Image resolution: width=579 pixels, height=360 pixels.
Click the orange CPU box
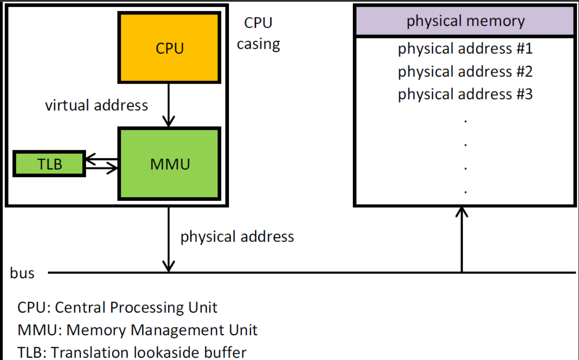tap(169, 47)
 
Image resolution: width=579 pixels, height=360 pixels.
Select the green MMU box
tap(169, 164)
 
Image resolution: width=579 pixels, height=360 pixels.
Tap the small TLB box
tap(49, 164)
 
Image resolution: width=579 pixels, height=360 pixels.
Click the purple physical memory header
tap(465, 21)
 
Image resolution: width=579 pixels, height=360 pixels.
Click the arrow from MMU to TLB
tap(102, 159)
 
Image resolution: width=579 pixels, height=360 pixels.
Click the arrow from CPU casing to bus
tap(169, 240)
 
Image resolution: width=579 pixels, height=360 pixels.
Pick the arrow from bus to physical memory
tap(461, 240)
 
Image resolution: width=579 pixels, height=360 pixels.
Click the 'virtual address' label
tap(96, 105)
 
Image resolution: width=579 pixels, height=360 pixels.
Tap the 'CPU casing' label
tap(258, 33)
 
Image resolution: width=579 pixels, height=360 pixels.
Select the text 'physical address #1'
tap(465, 49)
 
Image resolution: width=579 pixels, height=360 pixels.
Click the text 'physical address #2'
tap(465, 71)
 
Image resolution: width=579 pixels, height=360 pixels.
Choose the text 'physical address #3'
tap(465, 94)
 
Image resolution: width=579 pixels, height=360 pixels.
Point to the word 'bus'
tap(22, 273)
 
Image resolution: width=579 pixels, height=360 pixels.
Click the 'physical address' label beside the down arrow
tap(237, 237)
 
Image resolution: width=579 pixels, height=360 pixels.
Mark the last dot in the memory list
tap(465, 191)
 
